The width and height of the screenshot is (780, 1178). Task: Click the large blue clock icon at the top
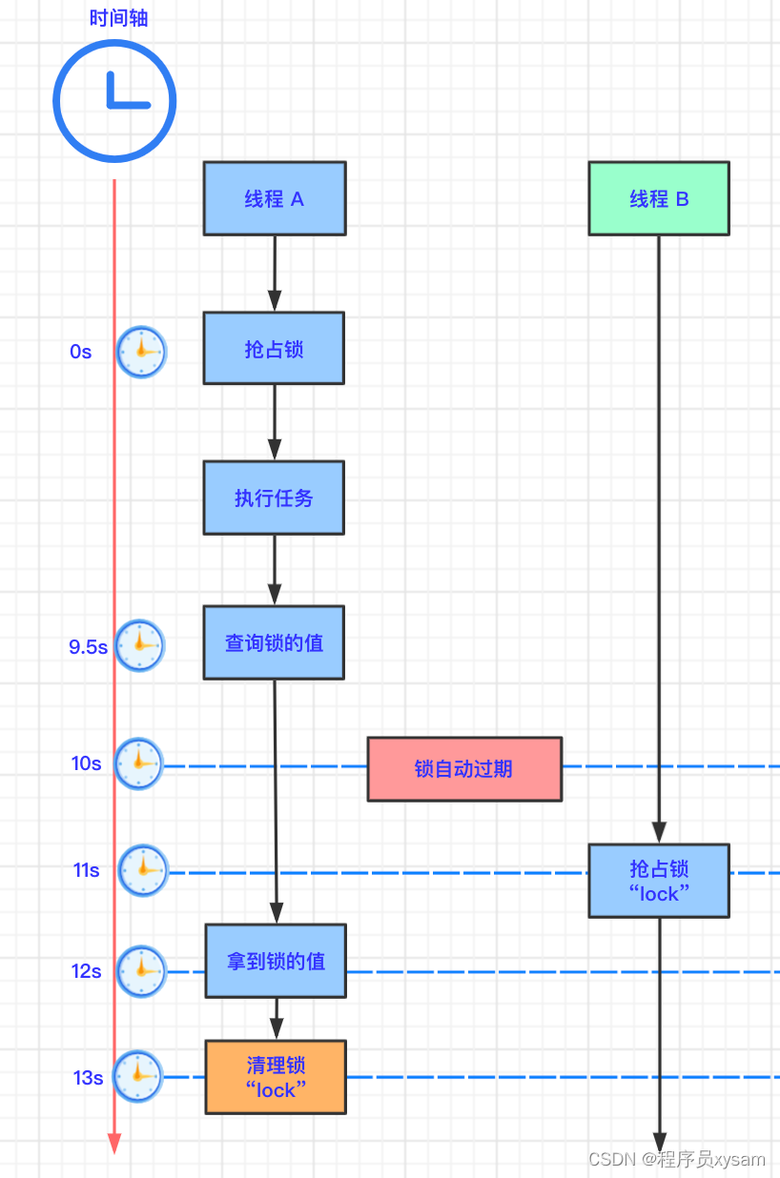click(x=114, y=100)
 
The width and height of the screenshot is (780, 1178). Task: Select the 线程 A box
click(x=275, y=198)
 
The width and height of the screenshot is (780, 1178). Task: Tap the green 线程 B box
click(x=659, y=198)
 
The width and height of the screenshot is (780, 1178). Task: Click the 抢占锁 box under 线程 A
click(x=274, y=349)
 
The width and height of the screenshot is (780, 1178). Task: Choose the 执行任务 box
click(x=274, y=498)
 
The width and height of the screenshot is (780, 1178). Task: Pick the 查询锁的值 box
click(x=274, y=642)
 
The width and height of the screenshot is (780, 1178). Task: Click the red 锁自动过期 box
click(x=464, y=768)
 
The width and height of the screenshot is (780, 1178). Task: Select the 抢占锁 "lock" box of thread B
click(x=659, y=881)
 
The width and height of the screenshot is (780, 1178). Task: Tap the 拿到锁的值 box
click(x=276, y=961)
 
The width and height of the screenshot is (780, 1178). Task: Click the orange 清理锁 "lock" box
click(x=276, y=1077)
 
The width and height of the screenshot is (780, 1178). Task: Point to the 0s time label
click(x=81, y=352)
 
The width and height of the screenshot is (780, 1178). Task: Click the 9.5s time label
click(x=88, y=647)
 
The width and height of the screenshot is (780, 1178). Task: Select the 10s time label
click(x=86, y=764)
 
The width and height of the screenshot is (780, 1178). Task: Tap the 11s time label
click(x=86, y=870)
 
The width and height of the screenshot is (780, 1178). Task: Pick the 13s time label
click(x=88, y=1078)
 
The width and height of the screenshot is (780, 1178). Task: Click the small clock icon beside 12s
click(x=141, y=971)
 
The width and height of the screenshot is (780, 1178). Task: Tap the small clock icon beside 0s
click(x=141, y=352)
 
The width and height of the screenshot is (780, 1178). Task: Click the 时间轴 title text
click(x=118, y=18)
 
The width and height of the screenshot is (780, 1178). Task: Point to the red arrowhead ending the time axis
click(x=114, y=1143)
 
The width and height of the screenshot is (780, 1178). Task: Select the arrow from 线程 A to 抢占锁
click(x=275, y=273)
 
